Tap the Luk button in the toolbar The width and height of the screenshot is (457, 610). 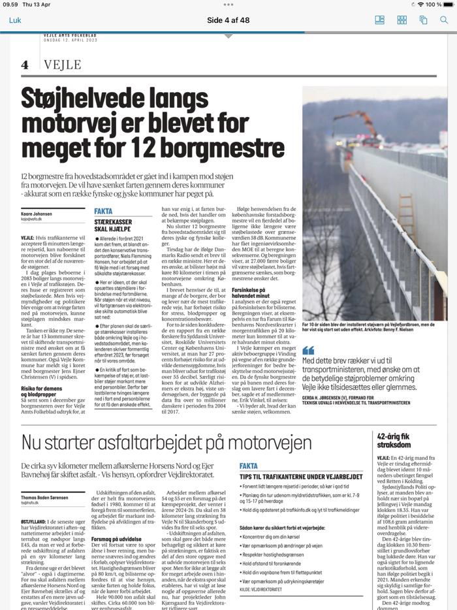point(15,20)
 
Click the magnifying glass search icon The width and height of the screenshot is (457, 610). point(443,20)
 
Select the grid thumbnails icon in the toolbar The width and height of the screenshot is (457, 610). point(402,20)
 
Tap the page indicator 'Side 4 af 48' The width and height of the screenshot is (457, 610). point(228,20)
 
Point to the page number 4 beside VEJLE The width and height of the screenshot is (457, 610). point(25,65)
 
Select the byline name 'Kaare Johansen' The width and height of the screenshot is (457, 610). point(36,213)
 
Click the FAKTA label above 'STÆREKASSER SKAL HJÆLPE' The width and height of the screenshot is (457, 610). point(103,212)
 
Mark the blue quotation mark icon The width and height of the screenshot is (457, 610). point(308,351)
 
